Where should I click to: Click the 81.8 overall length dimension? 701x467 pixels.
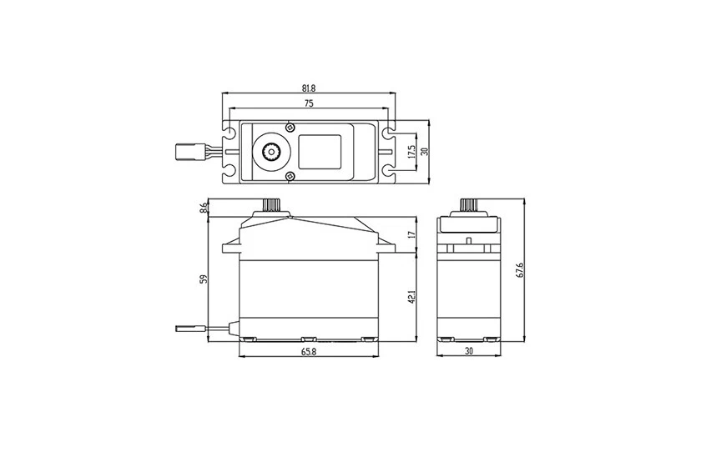tap(309, 88)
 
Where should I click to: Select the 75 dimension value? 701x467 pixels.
tap(309, 103)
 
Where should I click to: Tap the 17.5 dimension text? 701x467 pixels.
tap(411, 152)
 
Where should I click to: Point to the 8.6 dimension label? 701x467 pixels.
tap(203, 208)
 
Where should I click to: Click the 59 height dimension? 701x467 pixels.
tap(203, 279)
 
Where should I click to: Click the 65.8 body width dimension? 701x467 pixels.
tap(309, 353)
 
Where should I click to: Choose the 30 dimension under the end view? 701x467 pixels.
tap(469, 353)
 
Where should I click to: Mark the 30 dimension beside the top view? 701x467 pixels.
tap(424, 152)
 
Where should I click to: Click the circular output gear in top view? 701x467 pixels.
tap(271, 152)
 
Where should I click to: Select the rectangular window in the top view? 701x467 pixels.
tap(321, 151)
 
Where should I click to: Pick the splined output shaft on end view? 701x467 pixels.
tap(469, 205)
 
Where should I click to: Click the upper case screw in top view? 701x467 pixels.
tap(289, 127)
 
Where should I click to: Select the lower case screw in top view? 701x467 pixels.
tap(289, 176)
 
